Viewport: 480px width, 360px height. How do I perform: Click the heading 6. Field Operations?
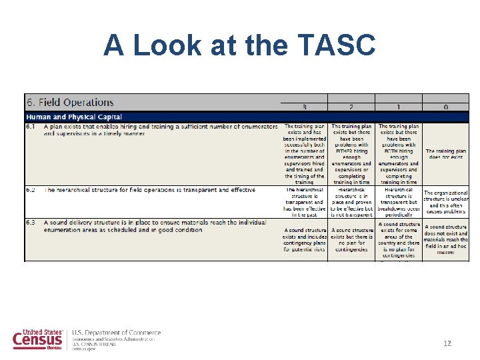coord(70,102)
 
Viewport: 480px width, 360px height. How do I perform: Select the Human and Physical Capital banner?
coord(74,117)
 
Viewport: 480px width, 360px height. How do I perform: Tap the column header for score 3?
coord(304,107)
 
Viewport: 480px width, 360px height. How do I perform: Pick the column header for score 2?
coord(351,107)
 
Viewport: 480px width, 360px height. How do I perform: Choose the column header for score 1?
coord(399,107)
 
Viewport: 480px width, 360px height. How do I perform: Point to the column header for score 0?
coord(445,107)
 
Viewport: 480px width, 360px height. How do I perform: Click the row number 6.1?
coord(32,126)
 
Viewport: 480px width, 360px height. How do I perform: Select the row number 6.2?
coord(32,190)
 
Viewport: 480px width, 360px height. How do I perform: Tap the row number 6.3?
coord(32,222)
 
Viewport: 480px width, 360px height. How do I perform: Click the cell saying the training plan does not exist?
coord(445,155)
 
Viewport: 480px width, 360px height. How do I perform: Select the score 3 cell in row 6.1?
coord(304,153)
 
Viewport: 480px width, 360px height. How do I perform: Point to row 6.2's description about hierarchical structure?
coord(149,190)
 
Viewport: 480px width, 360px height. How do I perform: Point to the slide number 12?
coord(447,343)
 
